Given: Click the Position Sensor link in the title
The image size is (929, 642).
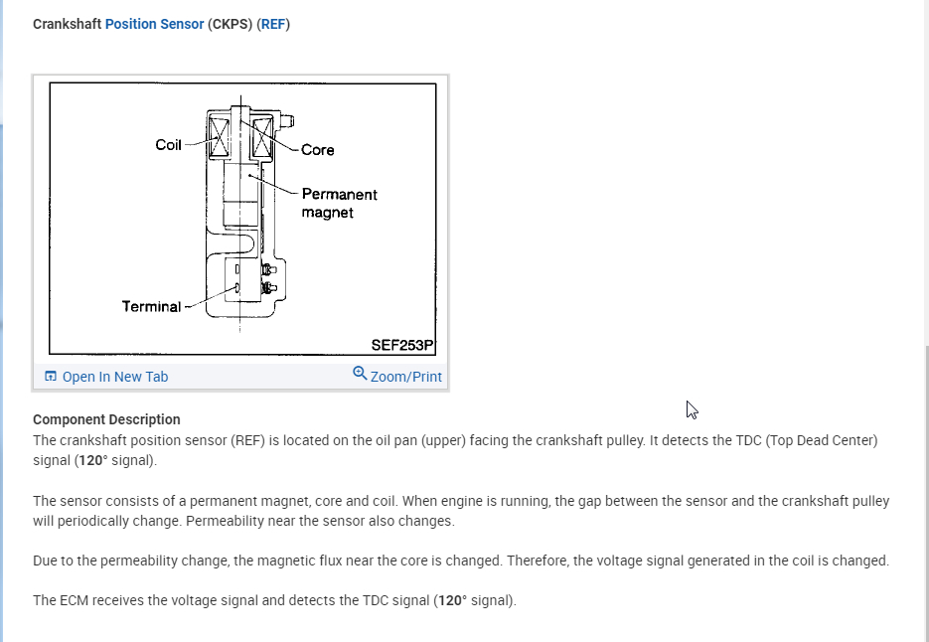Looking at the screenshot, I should coord(154,23).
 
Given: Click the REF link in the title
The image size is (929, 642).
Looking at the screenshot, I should coord(273,23).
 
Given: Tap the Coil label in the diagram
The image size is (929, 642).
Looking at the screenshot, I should coord(168,145).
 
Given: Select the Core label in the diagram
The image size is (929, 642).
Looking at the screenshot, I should coord(318,150).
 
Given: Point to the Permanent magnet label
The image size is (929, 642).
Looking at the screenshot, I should coord(339,203).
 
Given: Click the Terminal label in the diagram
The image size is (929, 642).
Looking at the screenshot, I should coord(151,306).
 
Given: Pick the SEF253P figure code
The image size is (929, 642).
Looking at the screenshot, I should coord(402,344).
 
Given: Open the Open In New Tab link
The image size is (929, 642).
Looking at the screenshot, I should coord(114,377).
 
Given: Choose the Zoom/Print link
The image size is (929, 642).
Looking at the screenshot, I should coord(405,377).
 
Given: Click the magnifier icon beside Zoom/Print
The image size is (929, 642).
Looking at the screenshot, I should coord(360,374).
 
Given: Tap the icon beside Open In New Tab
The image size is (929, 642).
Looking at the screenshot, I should coord(51,377).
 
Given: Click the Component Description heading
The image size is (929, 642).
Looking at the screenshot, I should coord(106,419).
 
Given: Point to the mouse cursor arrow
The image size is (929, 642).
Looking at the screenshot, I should coord(692,409).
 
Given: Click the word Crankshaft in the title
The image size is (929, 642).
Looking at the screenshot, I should coord(67,23).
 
